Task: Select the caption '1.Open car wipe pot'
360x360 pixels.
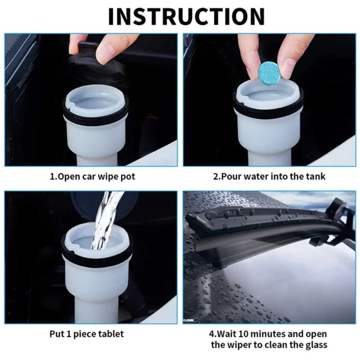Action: coord(92,176)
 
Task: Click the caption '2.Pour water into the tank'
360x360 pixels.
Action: coord(269,176)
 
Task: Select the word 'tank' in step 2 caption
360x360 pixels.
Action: coord(316,176)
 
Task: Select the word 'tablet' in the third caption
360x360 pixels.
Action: coord(113,333)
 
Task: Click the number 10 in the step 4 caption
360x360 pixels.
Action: coord(242,333)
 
